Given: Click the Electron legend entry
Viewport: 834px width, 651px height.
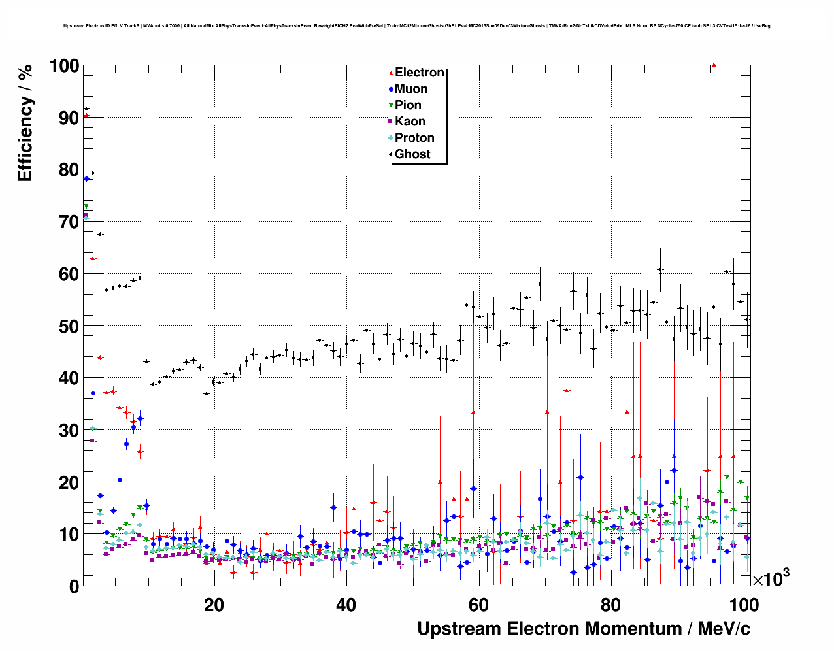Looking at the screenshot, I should [419, 73].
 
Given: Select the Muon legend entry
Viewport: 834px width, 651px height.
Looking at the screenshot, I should [411, 89].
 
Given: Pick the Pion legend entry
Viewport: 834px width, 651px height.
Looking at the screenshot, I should [408, 105].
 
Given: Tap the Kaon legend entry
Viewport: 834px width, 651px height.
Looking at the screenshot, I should [410, 122].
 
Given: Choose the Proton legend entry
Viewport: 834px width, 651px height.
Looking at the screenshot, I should [414, 138].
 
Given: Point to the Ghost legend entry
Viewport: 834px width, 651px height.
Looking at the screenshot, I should [412, 154].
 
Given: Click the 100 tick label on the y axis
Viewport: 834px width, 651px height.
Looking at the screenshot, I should [64, 66].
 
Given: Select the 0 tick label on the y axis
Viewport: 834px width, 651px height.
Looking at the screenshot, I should [74, 586].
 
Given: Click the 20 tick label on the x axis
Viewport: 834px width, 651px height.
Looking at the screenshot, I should [214, 605].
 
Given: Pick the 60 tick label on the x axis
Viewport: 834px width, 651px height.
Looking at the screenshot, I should [478, 605].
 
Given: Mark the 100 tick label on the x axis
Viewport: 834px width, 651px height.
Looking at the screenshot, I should [744, 605].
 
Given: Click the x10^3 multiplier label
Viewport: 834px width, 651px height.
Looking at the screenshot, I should [771, 578].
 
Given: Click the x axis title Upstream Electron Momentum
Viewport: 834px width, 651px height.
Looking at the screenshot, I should [583, 629].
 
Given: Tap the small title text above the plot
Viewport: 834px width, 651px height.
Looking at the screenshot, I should [416, 26].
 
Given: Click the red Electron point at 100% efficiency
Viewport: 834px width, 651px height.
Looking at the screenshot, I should [714, 65].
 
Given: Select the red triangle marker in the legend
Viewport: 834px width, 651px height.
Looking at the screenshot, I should [391, 73].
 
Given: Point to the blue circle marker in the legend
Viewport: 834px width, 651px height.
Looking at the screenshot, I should [391, 89].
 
